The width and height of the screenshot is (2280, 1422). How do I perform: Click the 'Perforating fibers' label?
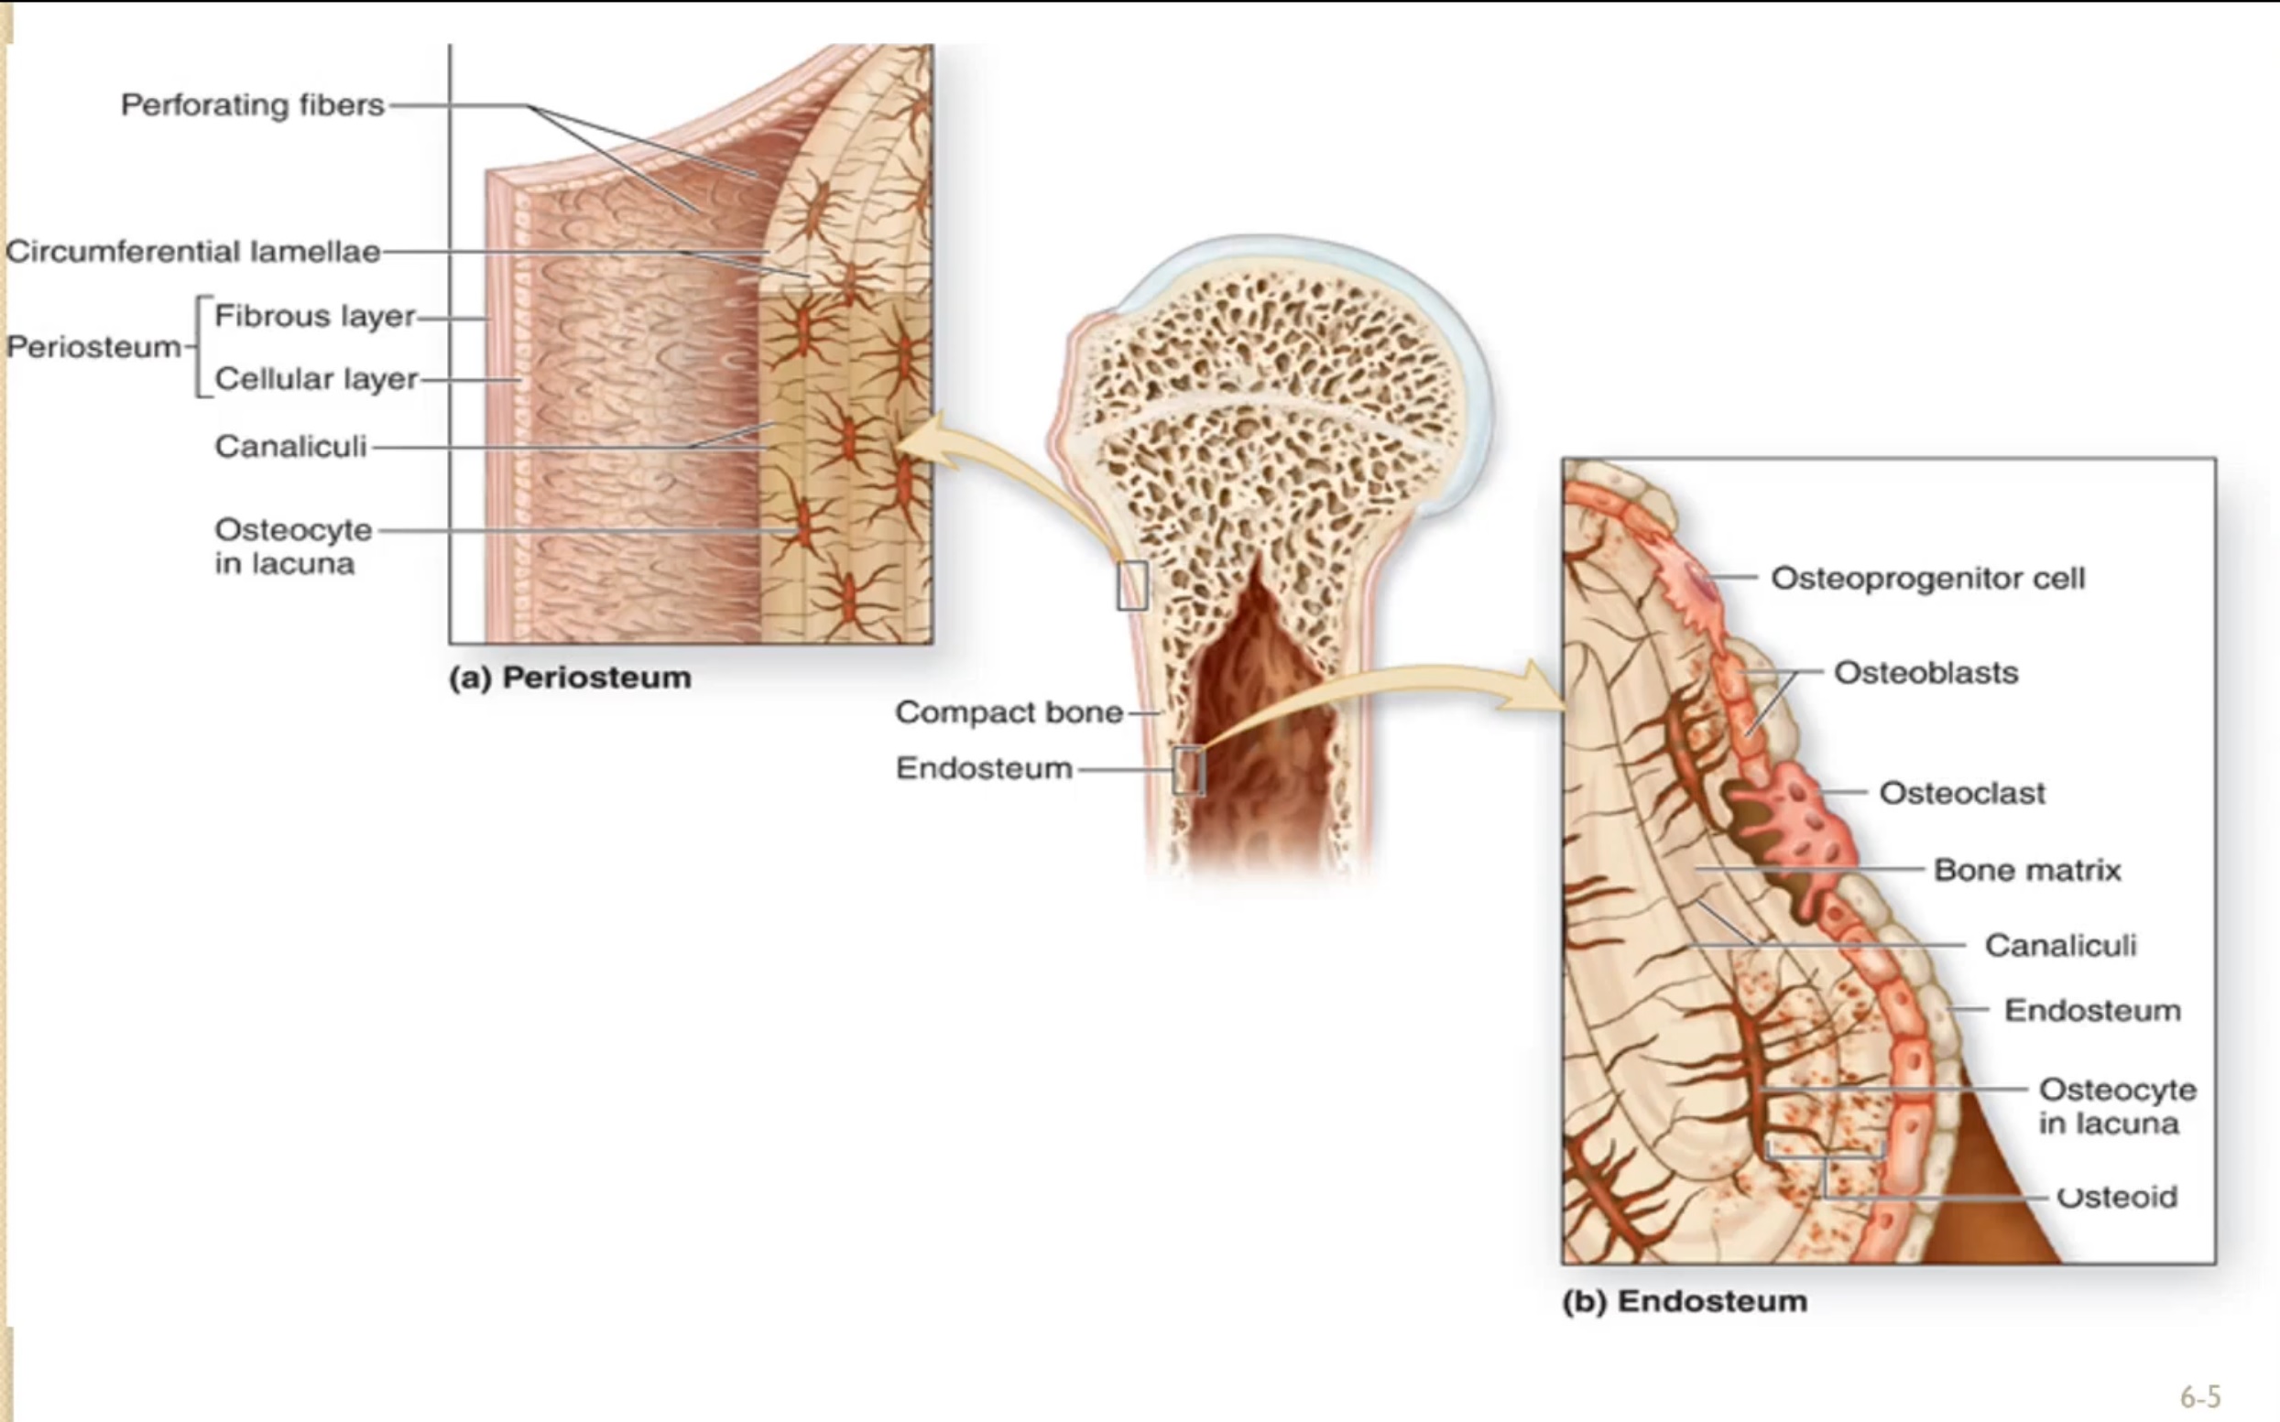pos(252,104)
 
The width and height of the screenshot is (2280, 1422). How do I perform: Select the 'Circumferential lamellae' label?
pos(192,252)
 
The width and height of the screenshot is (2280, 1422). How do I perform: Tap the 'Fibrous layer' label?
pos(314,316)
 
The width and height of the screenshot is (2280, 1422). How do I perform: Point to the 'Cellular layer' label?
pos(316,379)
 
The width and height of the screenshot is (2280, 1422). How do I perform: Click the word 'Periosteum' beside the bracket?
pos(93,347)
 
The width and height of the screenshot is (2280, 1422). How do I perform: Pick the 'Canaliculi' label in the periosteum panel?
pos(290,446)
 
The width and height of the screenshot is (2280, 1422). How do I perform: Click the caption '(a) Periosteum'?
pos(569,678)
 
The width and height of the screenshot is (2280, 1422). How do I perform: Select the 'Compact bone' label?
pos(1009,712)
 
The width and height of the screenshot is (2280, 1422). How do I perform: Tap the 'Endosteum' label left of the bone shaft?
pos(983,768)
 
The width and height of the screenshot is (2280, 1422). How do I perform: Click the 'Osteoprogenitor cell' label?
pos(1927,578)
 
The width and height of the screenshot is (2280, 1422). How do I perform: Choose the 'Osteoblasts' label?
pos(1925,672)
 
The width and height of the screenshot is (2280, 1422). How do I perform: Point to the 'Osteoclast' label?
pos(1961,793)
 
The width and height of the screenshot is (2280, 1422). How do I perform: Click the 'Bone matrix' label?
pos(2027,870)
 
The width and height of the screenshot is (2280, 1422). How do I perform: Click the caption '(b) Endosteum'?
pos(1684,1301)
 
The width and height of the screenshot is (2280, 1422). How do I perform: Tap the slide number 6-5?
pos(2200,1396)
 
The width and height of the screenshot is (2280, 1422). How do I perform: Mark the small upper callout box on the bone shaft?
pos(1132,585)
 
